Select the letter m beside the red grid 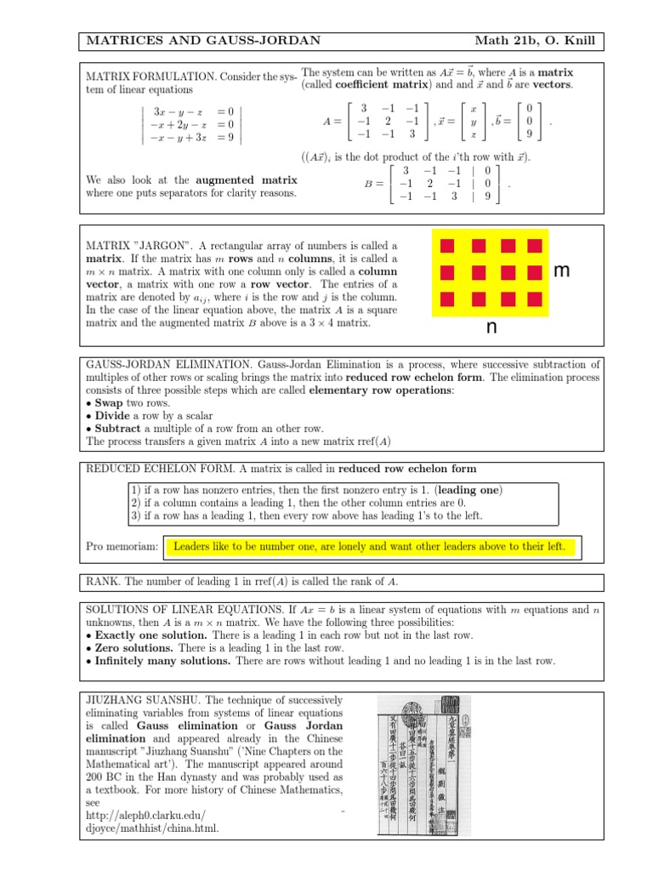(x=561, y=271)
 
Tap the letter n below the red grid (x=491, y=327)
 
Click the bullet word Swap (x=109, y=402)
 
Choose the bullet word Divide (x=113, y=416)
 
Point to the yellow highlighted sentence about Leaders (x=369, y=546)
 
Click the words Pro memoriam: (x=122, y=546)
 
